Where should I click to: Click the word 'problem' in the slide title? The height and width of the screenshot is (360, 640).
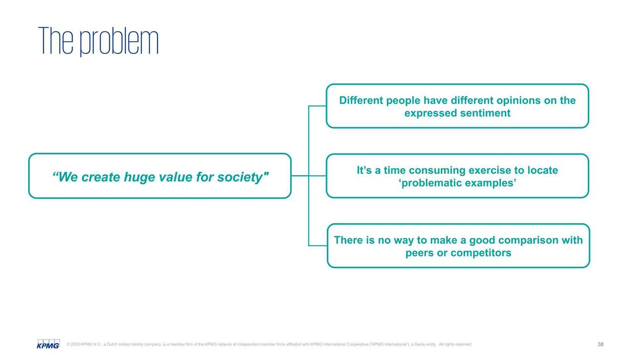[119, 41]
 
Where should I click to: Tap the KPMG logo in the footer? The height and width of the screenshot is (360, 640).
[48, 344]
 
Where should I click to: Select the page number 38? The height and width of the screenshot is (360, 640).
[601, 344]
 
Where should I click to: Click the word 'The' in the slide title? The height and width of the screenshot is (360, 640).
[56, 41]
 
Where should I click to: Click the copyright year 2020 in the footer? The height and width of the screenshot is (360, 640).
[75, 344]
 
